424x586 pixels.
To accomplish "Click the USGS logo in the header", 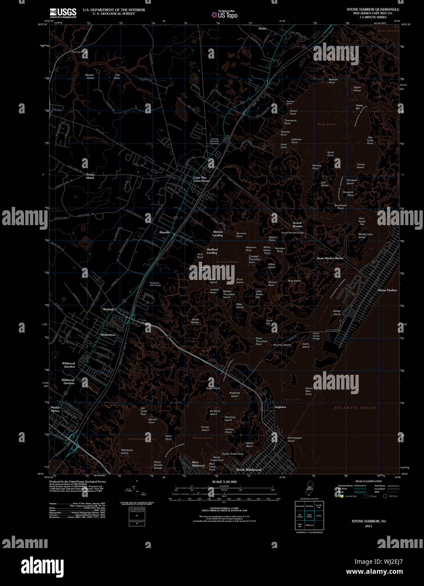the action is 63,13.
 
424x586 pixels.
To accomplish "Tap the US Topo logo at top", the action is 225,15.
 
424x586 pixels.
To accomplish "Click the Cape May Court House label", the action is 201,179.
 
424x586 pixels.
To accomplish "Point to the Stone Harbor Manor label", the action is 330,258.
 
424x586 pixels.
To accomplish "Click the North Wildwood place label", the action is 248,470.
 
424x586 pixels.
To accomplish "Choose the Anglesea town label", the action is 280,407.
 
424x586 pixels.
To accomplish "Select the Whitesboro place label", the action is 108,334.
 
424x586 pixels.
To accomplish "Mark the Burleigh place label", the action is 108,309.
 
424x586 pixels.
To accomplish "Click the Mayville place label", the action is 165,232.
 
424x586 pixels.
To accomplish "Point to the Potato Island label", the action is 90,176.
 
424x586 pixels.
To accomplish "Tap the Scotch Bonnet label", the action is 297,224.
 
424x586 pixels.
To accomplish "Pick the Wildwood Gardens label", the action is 68,381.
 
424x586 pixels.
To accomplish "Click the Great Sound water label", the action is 326,124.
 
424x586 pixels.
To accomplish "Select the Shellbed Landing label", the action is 212,251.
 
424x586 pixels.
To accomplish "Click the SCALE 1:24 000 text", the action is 224,481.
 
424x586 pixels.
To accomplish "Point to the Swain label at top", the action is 262,28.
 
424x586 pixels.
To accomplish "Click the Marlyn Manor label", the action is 56,409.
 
